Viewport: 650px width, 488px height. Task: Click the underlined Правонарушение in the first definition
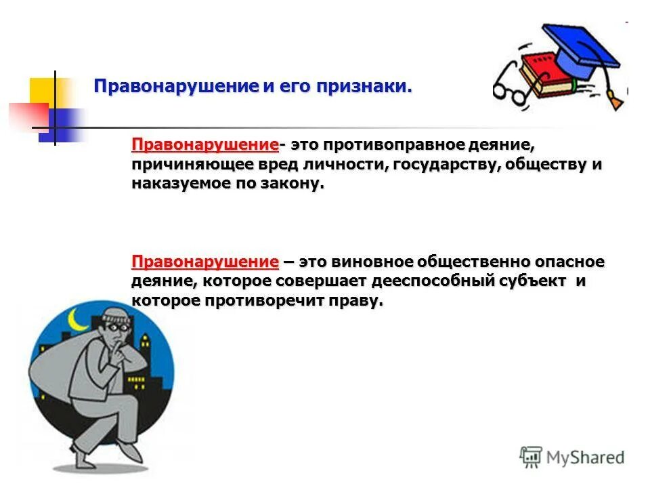point(205,145)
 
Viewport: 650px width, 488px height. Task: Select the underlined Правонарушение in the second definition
point(205,262)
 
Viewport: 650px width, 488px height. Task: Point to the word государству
point(444,165)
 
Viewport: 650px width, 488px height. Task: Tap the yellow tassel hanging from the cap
point(615,100)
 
